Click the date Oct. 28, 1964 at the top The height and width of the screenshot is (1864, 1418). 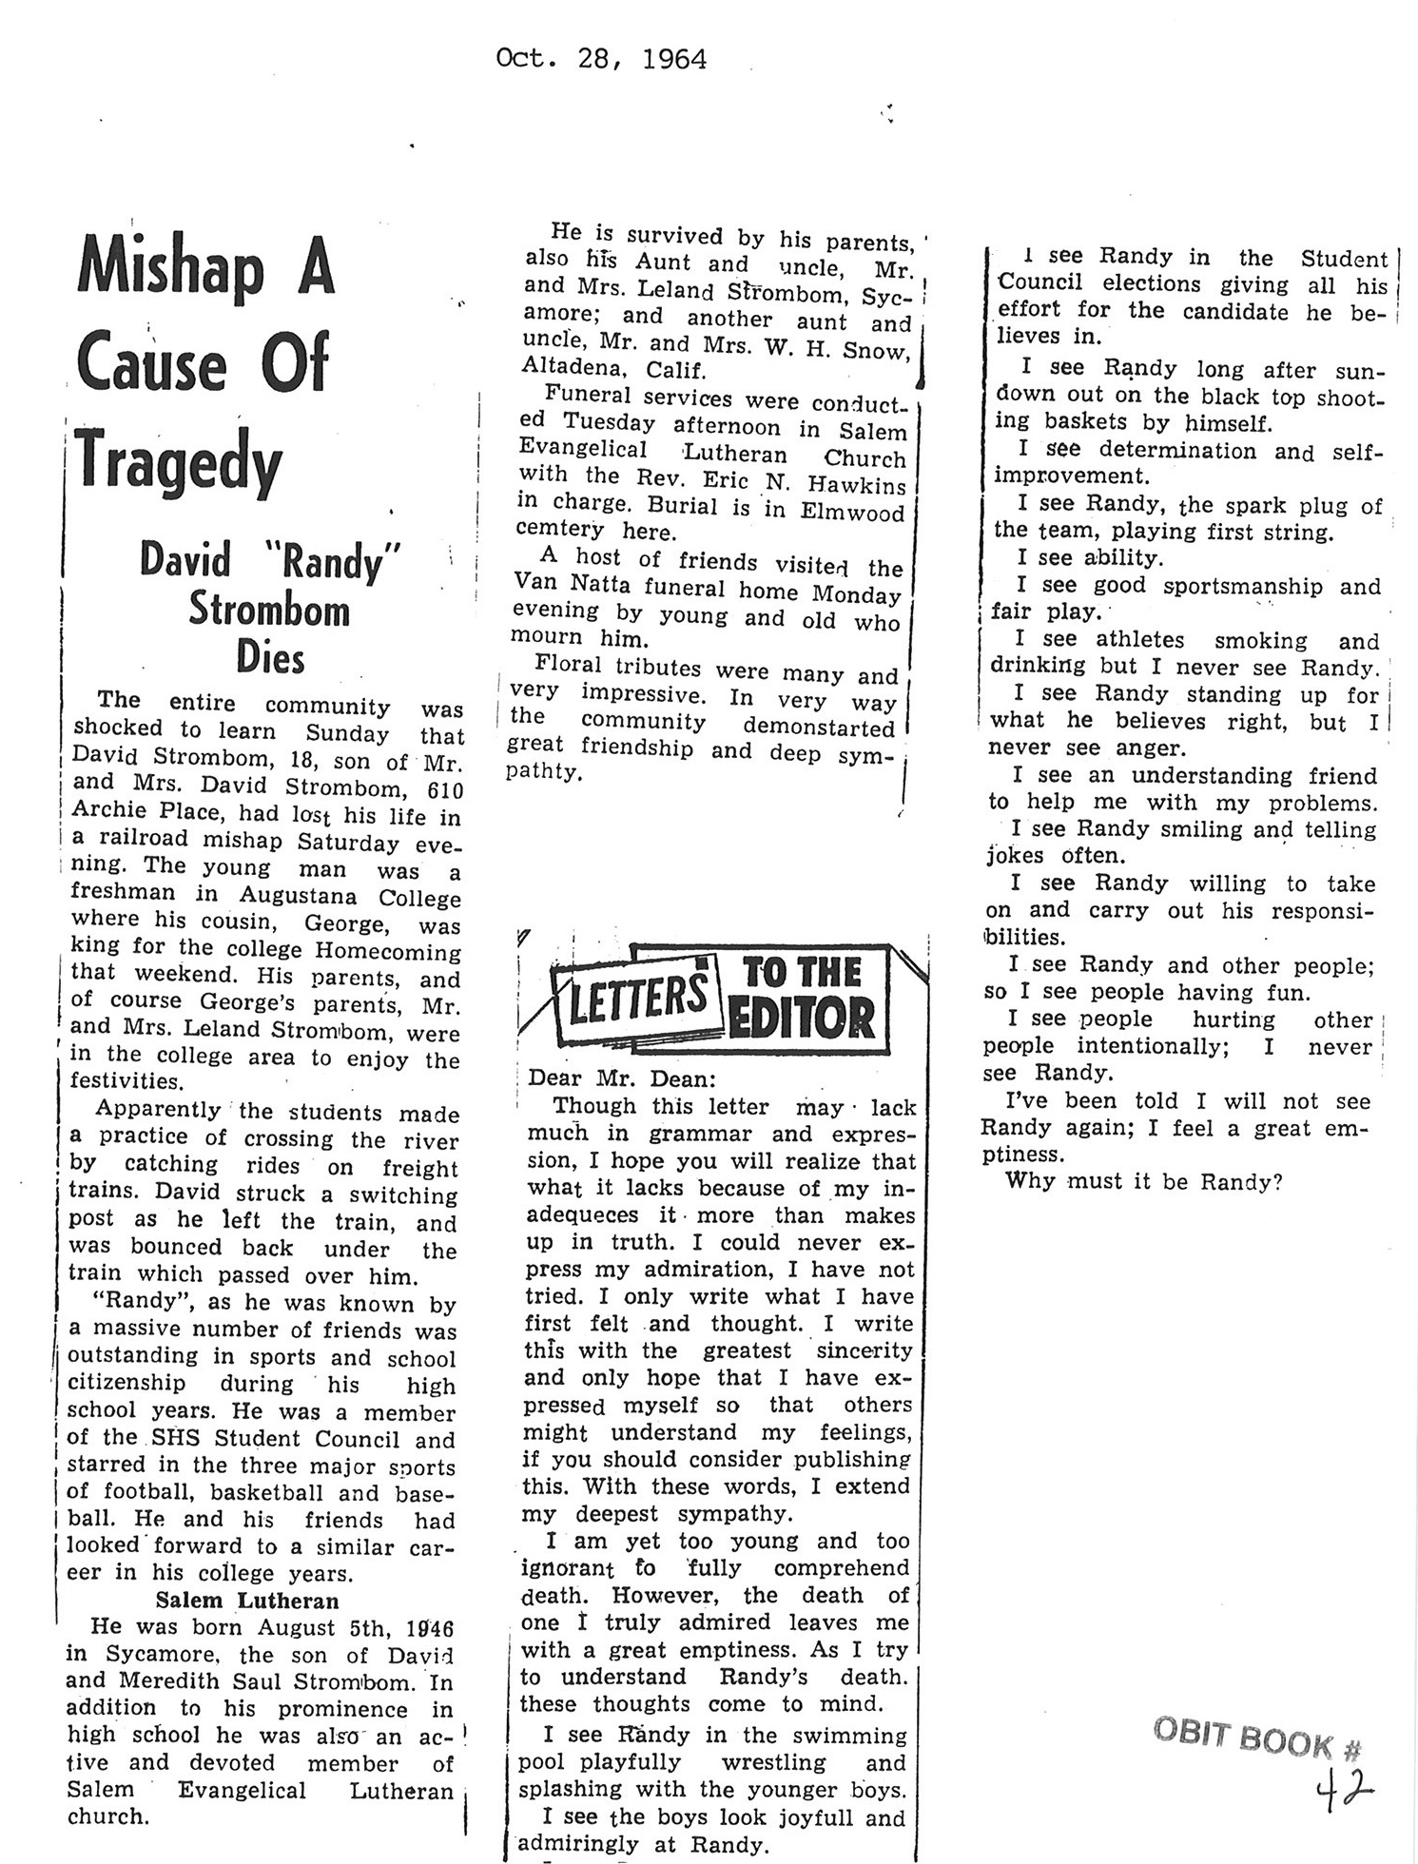(x=601, y=60)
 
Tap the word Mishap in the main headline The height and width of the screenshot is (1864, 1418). (x=171, y=270)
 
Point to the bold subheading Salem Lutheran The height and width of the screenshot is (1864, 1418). (x=247, y=1601)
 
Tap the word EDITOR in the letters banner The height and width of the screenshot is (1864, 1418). (x=801, y=1018)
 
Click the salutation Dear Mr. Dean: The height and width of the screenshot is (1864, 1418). (x=620, y=1079)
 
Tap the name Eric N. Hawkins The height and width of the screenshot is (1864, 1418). (x=805, y=483)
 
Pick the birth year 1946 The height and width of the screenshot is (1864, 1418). (x=427, y=1627)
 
